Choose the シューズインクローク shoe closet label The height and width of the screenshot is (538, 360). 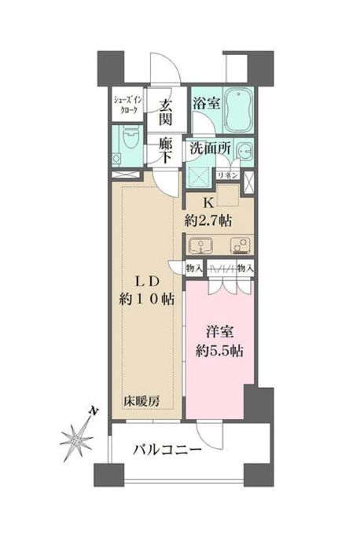tap(126, 105)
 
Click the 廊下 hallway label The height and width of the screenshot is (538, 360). tap(165, 149)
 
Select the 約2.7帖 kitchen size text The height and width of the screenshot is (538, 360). tap(208, 221)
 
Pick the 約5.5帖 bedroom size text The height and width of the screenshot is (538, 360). tap(217, 349)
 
